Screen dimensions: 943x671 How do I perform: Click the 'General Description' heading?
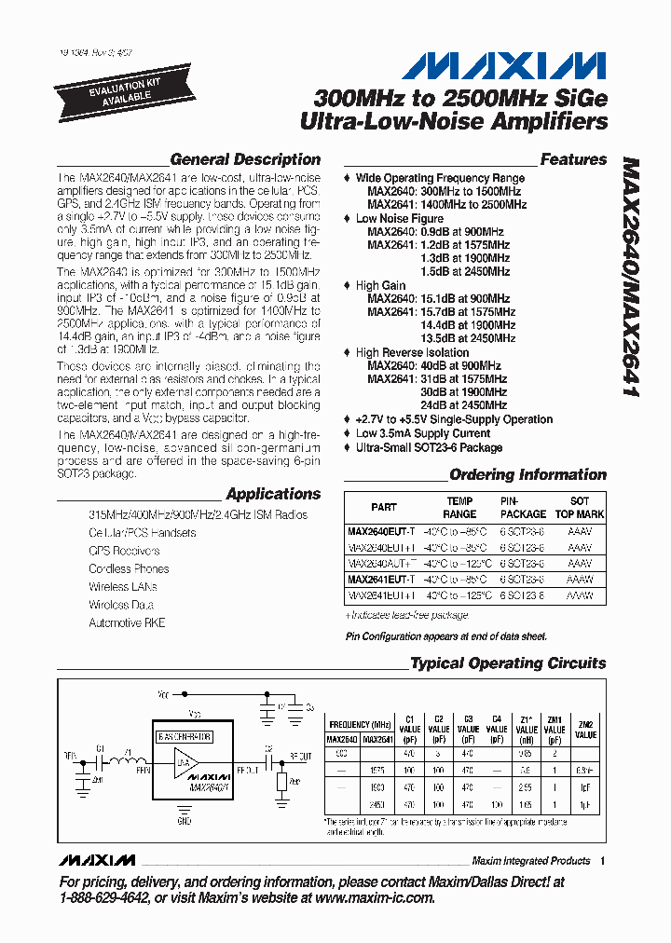(245, 159)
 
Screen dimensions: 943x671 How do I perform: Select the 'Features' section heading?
(573, 159)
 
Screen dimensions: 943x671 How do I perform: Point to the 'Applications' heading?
(273, 494)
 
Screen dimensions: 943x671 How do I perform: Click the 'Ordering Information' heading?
(527, 474)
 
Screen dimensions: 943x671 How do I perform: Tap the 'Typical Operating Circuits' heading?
(508, 663)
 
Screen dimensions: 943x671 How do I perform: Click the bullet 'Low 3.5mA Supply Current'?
(422, 433)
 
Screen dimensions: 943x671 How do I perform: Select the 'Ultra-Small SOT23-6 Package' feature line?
(429, 447)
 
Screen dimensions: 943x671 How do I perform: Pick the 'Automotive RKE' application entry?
(127, 622)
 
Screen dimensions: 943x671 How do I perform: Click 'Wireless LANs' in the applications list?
(122, 587)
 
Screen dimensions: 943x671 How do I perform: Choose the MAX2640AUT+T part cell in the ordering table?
(382, 564)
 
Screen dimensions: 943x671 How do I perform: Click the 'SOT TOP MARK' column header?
(580, 508)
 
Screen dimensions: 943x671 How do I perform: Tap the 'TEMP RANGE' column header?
(459, 508)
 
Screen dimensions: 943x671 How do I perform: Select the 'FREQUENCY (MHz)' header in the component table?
(359, 724)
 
